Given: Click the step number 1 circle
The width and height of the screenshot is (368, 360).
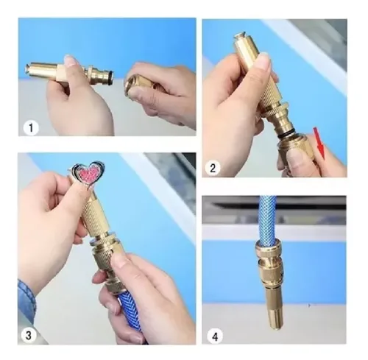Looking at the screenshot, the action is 31,128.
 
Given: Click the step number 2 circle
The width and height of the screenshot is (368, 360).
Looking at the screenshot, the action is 213,168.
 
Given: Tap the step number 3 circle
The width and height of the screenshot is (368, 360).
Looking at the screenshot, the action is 29,335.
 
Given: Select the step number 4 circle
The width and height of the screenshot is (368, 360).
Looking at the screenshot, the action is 215,336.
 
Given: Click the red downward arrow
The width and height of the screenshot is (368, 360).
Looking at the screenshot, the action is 319,143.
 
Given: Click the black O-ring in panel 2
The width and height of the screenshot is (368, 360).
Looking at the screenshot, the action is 286,133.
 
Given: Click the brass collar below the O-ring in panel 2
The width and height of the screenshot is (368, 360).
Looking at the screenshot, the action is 294,149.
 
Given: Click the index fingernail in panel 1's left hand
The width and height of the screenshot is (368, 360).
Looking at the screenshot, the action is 71,60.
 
